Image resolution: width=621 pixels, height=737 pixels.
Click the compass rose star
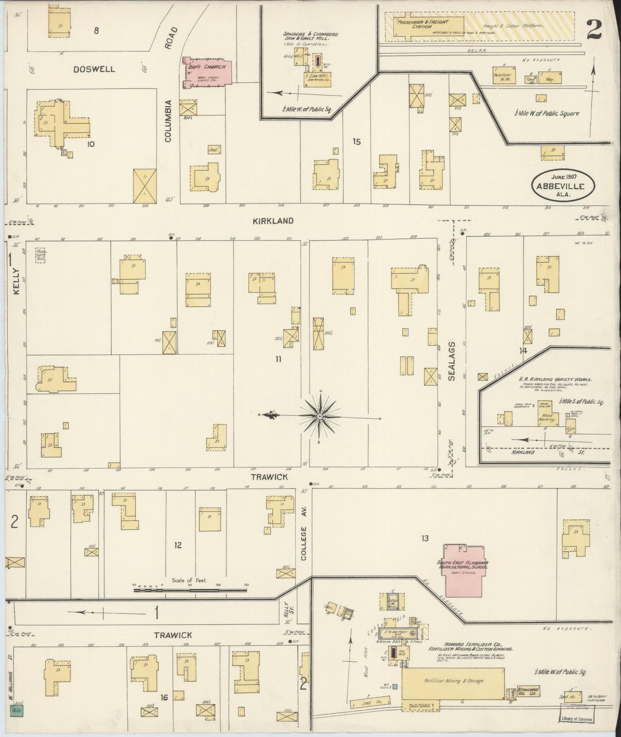tap(320, 417)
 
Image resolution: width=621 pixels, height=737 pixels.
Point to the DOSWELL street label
tap(94, 69)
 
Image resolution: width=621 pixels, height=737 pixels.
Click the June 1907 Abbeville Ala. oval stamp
tap(564, 184)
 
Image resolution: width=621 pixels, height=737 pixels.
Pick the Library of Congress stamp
tap(577, 719)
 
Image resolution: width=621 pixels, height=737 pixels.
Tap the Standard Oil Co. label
tap(528, 691)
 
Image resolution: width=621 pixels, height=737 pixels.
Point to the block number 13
tap(425, 538)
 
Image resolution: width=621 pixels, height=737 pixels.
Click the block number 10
tap(90, 144)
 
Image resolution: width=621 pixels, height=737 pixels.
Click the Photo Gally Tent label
tap(40, 255)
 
